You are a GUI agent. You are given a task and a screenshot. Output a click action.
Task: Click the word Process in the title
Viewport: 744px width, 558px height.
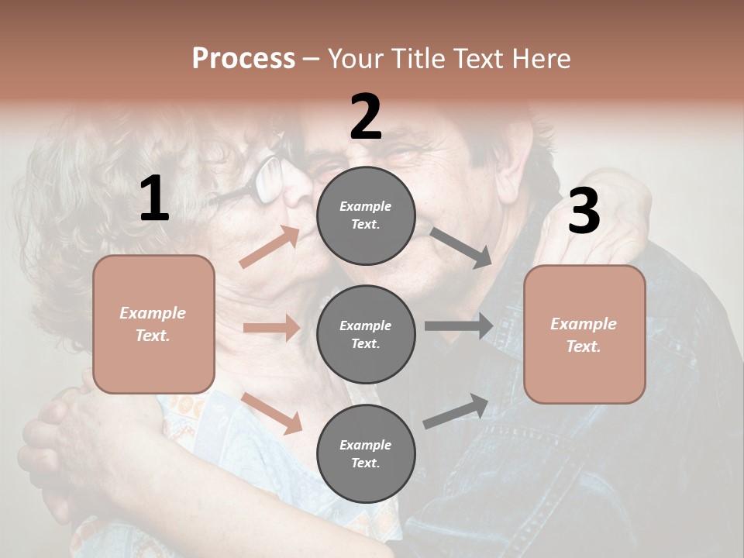coord(243,59)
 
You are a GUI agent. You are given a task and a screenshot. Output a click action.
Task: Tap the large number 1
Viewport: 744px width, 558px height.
coord(154,199)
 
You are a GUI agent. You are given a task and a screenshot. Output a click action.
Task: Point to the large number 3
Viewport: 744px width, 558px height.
coord(584,211)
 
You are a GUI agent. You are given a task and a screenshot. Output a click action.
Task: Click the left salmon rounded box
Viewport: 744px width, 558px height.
coord(153,324)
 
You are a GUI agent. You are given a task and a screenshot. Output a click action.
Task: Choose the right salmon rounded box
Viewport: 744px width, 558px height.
coord(584,334)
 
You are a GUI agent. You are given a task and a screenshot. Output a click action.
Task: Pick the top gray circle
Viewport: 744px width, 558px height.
coord(366,215)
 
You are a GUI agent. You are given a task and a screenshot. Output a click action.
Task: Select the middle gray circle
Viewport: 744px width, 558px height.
coord(366,334)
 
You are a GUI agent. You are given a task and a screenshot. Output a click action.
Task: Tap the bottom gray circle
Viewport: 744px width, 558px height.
coord(366,453)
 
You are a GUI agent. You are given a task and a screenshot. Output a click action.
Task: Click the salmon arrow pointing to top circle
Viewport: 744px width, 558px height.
coord(270,247)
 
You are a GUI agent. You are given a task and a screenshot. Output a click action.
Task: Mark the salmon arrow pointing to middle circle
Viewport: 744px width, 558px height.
coord(271,328)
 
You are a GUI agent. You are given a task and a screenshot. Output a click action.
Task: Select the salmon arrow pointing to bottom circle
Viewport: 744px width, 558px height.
coord(272,413)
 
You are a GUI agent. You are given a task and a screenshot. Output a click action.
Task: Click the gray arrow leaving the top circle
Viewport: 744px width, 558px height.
coord(461,248)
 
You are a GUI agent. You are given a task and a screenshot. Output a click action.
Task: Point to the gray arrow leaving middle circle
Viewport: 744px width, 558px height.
coord(458,325)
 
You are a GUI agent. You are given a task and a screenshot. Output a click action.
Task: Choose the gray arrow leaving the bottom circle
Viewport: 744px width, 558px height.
coord(456,411)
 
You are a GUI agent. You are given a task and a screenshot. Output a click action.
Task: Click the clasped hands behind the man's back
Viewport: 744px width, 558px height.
coord(62,434)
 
